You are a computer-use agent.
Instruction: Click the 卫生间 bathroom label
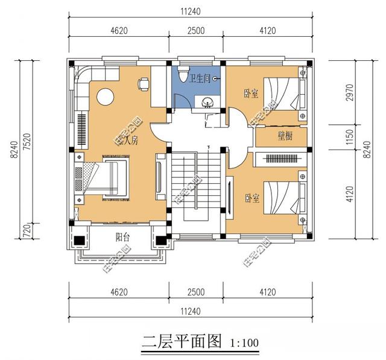point(200,78)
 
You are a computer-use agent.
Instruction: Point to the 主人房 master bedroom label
point(128,141)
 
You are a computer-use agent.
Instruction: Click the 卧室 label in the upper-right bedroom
point(251,93)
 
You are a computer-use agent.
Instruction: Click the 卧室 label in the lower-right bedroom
point(251,198)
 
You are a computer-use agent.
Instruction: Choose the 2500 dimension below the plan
point(195,292)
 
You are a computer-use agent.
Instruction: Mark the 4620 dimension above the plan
point(118,31)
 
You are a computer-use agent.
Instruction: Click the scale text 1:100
point(244,344)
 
